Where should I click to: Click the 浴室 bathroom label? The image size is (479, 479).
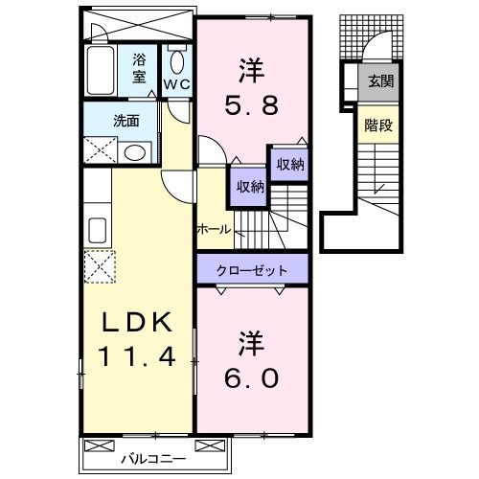click(x=140, y=68)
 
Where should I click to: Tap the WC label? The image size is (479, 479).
click(x=175, y=84)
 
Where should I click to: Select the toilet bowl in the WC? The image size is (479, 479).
click(x=176, y=61)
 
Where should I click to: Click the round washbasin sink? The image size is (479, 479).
click(x=134, y=152)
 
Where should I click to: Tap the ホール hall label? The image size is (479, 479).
click(x=213, y=230)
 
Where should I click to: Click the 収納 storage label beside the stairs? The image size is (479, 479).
click(x=290, y=165)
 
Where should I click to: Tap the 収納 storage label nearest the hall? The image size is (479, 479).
click(x=251, y=187)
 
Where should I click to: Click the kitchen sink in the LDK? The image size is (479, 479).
click(x=98, y=230)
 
